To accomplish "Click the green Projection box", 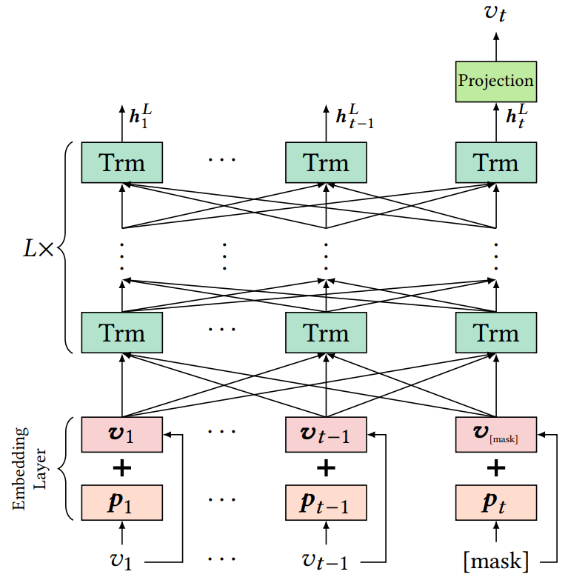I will tap(495, 81).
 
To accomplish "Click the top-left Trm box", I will tap(122, 161).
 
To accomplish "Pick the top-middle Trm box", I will tap(326, 161).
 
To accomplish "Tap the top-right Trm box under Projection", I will tap(495, 161).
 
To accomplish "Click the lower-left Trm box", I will tap(122, 333).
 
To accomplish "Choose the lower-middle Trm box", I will tap(326, 333).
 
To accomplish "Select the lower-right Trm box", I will tap(495, 333).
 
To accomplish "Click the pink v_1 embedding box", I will tap(122, 433).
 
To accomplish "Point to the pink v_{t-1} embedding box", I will tap(326, 433).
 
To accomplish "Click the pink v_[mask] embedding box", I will tap(495, 433).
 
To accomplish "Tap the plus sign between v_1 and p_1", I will tap(122, 468).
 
